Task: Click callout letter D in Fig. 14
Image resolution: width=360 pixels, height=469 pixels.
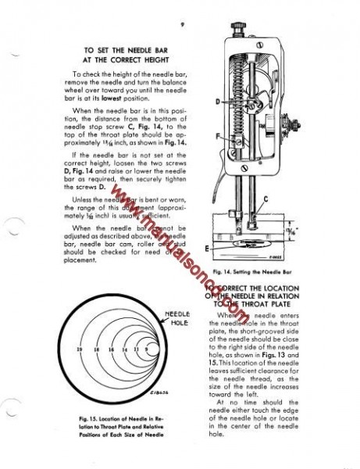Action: [216, 102]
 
